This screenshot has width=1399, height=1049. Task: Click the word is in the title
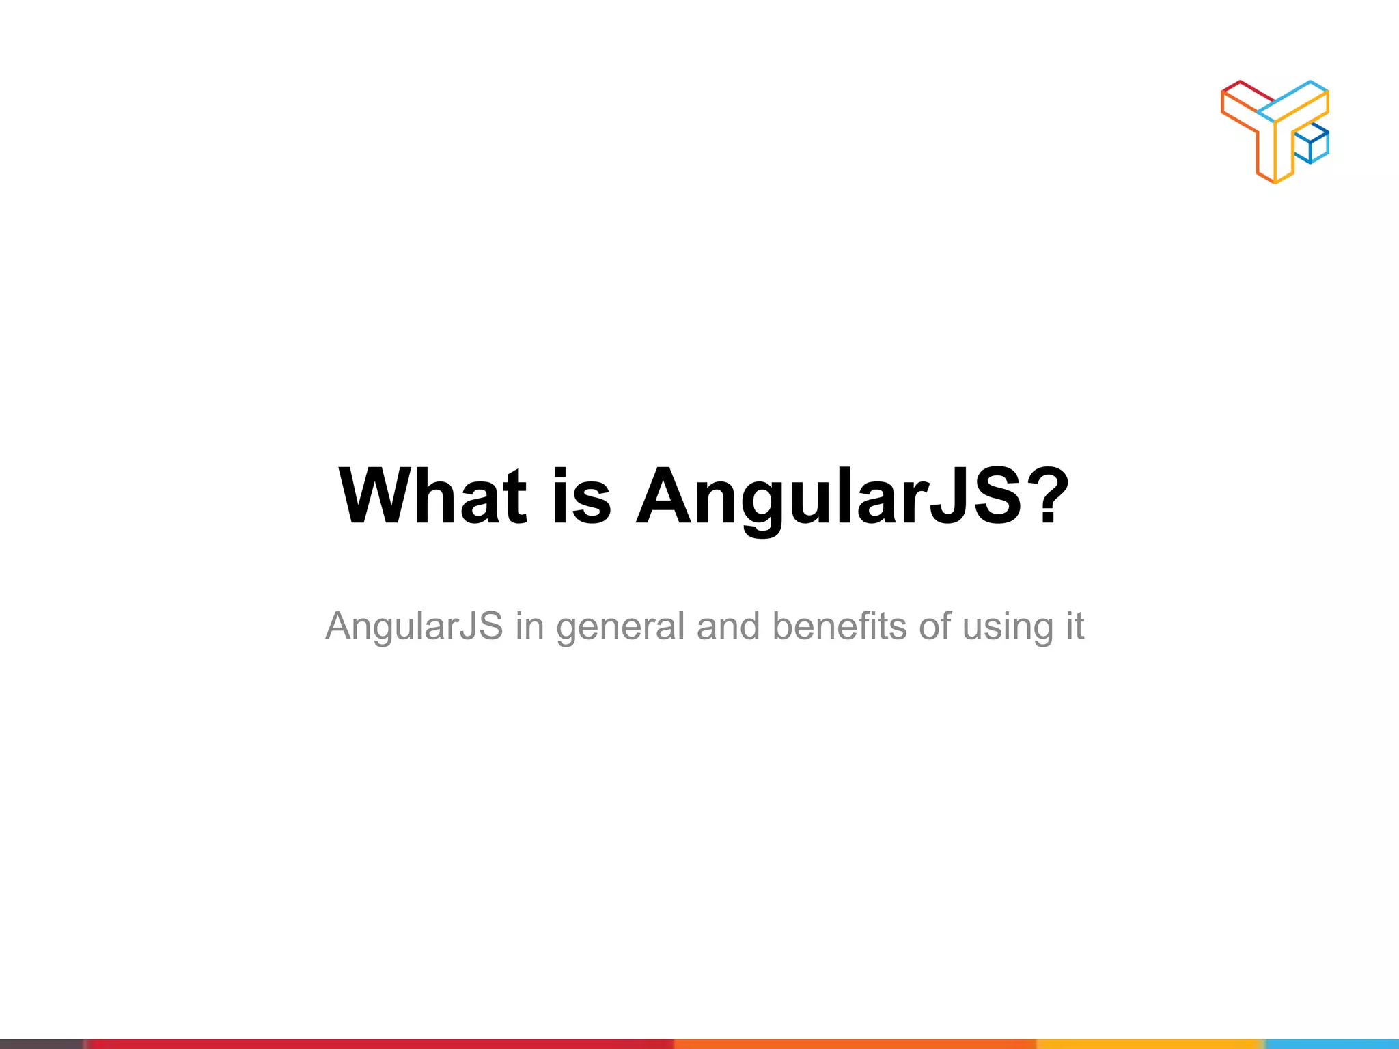[x=581, y=496]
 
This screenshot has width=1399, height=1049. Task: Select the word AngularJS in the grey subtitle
[x=414, y=626]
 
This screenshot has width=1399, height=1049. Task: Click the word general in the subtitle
[x=620, y=627]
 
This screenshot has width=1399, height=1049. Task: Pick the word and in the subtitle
[x=728, y=626]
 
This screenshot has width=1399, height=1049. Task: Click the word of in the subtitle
[x=934, y=626]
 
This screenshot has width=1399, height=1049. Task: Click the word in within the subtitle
[x=529, y=626]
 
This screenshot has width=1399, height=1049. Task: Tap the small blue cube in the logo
[x=1311, y=145]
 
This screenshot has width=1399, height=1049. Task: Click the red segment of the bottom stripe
[x=376, y=1044]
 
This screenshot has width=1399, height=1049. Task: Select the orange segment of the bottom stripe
[x=854, y=1044]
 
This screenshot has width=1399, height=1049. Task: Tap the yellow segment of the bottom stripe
[x=1148, y=1044]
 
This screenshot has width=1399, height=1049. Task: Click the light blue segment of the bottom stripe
[x=1332, y=1044]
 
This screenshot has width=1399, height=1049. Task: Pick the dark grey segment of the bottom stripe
[x=41, y=1044]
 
